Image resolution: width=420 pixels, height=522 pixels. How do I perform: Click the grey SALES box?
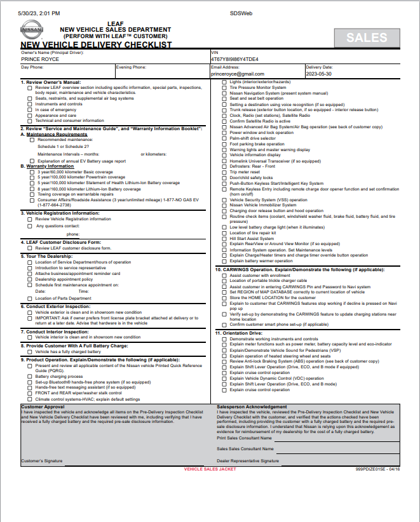coord(367,37)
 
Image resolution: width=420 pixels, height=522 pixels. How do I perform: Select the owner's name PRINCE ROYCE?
coord(39,59)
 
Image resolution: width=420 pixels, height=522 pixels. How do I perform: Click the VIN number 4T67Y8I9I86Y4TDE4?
coord(235,59)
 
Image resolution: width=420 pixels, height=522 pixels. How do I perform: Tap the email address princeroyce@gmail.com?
coord(236,74)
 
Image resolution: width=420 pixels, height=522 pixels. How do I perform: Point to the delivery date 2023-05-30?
coord(319,74)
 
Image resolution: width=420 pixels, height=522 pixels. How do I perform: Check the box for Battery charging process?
coord(30,377)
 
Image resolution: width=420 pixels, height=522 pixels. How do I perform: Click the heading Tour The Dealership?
coord(50,257)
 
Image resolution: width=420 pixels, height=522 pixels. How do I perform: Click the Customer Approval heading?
coord(43,406)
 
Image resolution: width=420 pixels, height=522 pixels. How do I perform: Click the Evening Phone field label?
coord(131,67)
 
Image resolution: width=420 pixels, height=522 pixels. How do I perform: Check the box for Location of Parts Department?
coord(30,298)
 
